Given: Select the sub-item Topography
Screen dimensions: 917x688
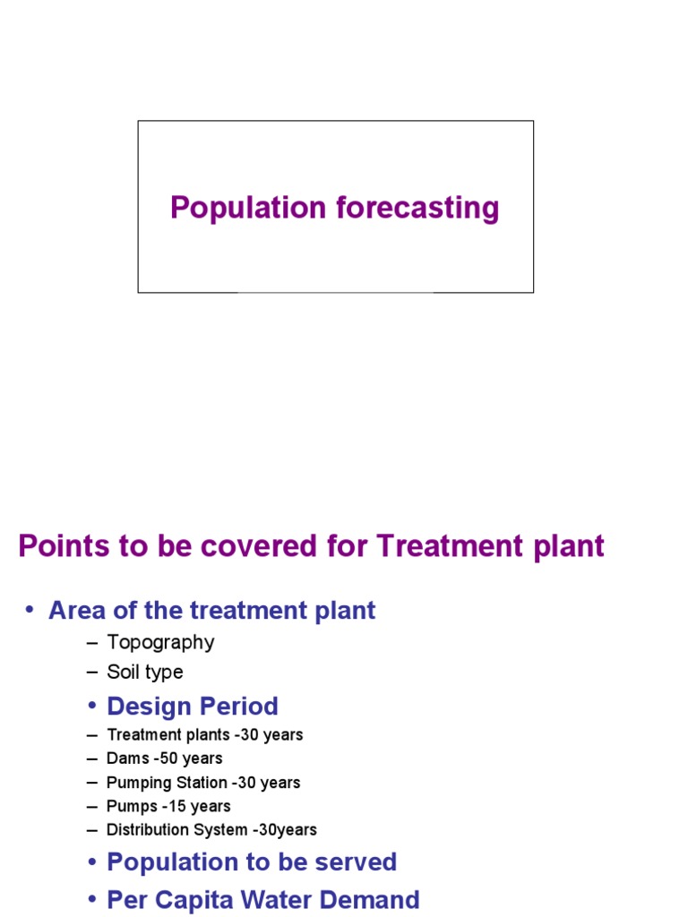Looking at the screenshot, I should coord(160,642).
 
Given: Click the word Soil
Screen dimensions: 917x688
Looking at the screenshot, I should coord(124,672).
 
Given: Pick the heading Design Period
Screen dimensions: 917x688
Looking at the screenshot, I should coord(193,707).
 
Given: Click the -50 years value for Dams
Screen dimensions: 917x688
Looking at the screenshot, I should coord(188,758).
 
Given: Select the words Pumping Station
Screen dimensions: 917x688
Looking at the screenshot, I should coord(167,783).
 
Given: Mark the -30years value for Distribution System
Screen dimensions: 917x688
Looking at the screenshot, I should coord(288,830).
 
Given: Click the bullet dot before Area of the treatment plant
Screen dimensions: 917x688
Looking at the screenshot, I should coord(29,610).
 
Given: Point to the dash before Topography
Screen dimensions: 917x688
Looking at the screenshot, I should coord(92,642).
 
